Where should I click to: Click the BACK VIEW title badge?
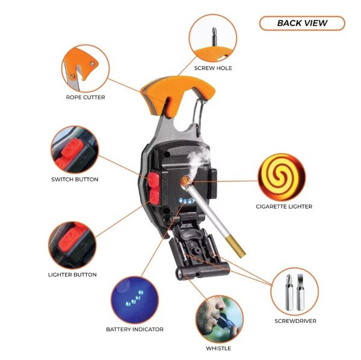[x=302, y=23]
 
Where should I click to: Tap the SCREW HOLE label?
[x=213, y=68]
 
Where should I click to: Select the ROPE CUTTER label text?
[x=85, y=97]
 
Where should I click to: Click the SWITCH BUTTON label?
[x=75, y=180]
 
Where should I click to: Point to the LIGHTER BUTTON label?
[x=72, y=275]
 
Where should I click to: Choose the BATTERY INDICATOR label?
[x=135, y=329]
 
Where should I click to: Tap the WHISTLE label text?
[x=218, y=349]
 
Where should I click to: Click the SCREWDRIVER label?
[x=295, y=321]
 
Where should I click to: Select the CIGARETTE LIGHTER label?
[x=284, y=207]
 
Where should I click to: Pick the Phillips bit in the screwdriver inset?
[x=289, y=292]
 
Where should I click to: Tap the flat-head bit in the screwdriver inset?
[x=300, y=292]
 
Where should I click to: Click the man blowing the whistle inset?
[x=220, y=319]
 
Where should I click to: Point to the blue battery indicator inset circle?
[x=135, y=300]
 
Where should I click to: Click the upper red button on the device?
[x=153, y=180]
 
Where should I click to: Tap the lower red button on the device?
[x=154, y=197]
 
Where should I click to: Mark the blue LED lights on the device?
[x=187, y=201]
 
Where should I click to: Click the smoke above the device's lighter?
[x=197, y=161]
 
